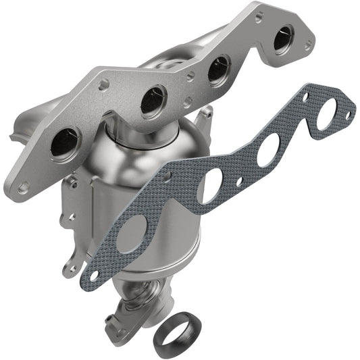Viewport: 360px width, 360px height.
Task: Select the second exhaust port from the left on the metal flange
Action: click(x=154, y=101)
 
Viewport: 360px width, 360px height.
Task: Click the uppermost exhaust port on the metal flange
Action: click(x=283, y=38)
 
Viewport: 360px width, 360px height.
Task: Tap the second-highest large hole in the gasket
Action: click(x=269, y=148)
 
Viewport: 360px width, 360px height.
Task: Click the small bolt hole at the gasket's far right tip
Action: click(x=349, y=115)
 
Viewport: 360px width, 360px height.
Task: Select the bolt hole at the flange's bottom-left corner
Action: click(x=24, y=187)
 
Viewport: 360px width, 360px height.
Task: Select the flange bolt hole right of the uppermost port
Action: click(x=308, y=45)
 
